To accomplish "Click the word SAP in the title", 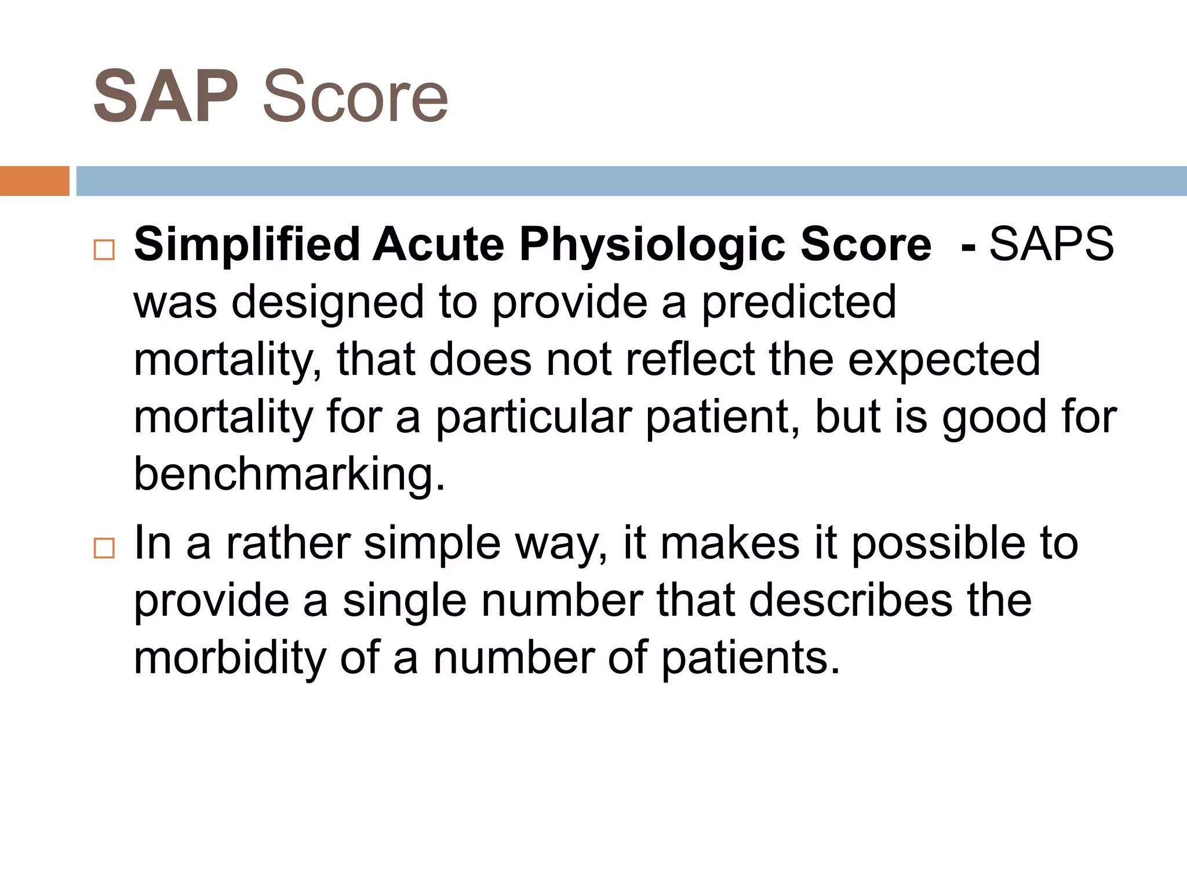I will click(166, 97).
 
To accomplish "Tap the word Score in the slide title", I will click(355, 97).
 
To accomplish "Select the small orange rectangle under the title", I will click(34, 181).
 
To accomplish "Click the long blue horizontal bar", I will click(631, 181).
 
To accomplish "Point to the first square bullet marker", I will click(104, 250).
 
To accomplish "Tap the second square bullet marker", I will click(104, 548).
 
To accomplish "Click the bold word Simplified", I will click(247, 245).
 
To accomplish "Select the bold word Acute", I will click(438, 245).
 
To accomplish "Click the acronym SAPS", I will click(1051, 245).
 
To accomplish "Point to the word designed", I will click(328, 302).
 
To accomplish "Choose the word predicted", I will click(799, 302).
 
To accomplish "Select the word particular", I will click(533, 417).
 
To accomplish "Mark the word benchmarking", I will click(289, 474).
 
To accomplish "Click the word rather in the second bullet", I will click(288, 544).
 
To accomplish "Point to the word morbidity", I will click(230, 658).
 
